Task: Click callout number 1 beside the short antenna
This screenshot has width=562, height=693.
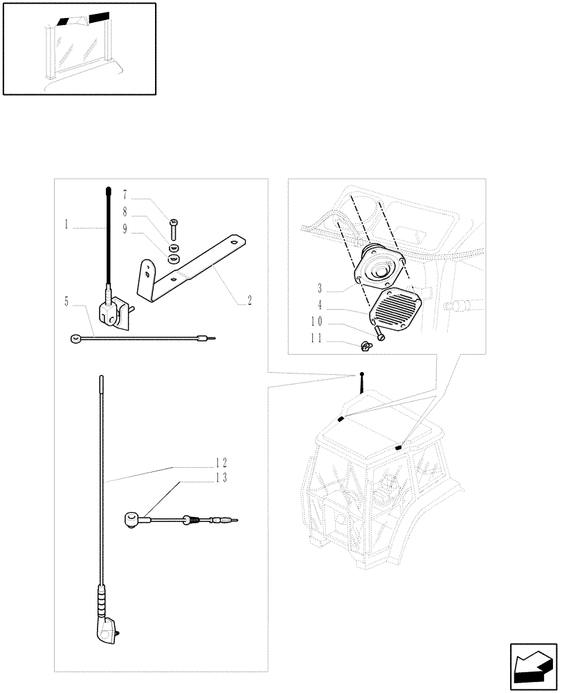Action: [66, 225]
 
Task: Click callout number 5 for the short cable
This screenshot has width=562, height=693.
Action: [66, 301]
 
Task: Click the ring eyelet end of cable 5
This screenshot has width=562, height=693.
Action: [74, 339]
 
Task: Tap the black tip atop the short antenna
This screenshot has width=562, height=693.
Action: [108, 191]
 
